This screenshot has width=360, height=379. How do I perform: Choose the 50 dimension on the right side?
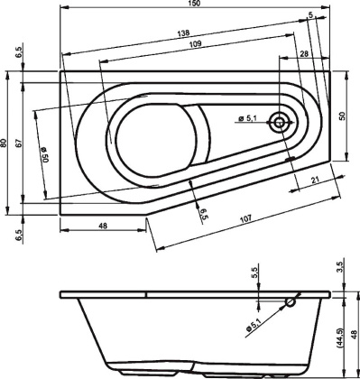[x=343, y=116]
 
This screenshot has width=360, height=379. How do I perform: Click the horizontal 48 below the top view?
[x=103, y=226]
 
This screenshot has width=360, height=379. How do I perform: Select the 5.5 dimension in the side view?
[x=255, y=271]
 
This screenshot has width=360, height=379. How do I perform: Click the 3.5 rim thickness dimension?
[x=340, y=267]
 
